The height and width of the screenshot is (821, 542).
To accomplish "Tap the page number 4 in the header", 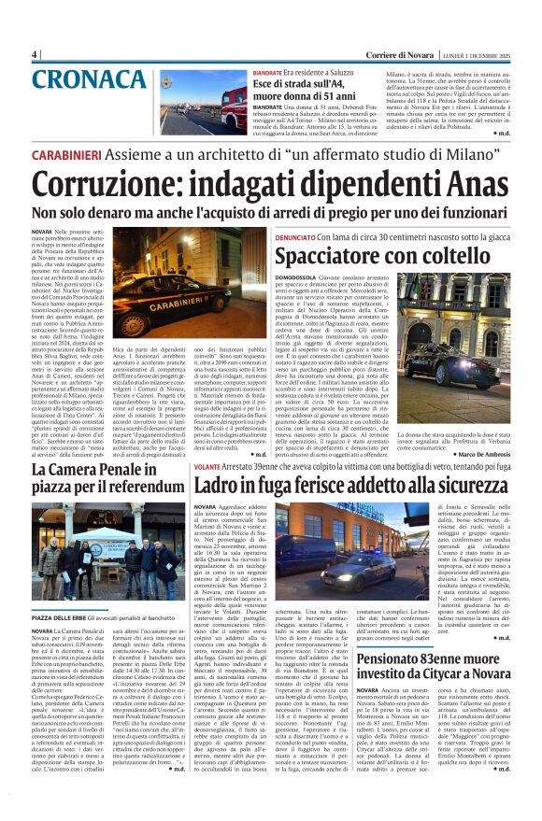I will point(35,54).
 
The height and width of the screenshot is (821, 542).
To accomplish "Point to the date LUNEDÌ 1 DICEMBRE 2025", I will point(478,54).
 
